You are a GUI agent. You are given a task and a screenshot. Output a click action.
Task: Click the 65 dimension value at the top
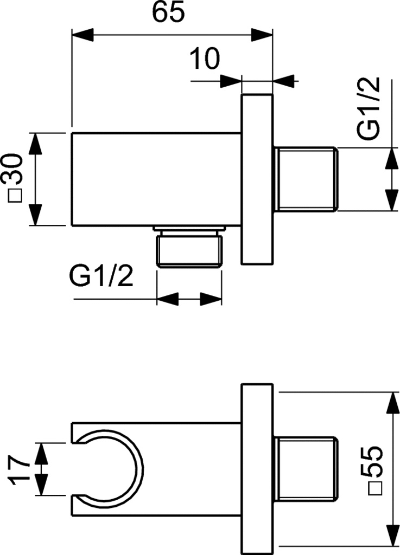168,12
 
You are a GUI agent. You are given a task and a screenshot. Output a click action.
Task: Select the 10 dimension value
205,58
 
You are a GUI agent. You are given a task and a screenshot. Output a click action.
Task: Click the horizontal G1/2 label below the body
101,278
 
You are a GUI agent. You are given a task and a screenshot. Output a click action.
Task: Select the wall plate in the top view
256,178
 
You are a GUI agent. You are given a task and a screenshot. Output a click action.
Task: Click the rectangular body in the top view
156,178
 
